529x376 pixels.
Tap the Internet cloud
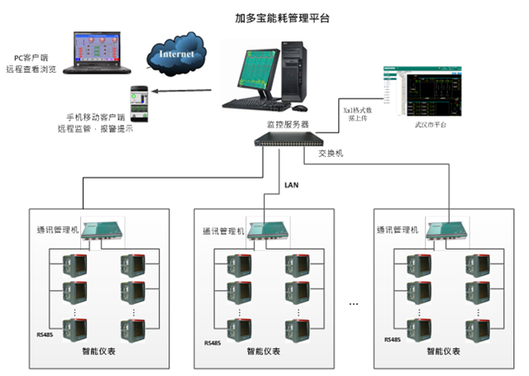click(178, 55)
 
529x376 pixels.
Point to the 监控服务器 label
click(286, 124)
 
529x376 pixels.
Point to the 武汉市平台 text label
click(430, 125)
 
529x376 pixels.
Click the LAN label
click(292, 184)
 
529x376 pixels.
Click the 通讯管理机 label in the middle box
click(223, 231)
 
